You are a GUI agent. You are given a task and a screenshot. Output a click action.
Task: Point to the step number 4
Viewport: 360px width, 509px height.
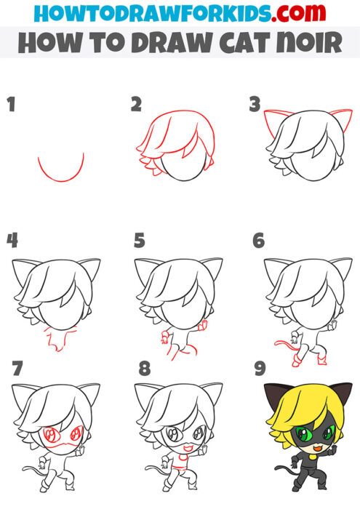(12, 239)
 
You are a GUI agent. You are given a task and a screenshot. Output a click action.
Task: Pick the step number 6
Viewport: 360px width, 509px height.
(257, 239)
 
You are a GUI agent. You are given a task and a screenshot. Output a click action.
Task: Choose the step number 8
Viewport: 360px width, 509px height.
(144, 368)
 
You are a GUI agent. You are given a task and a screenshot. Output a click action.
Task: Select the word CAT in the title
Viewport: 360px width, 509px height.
(244, 43)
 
